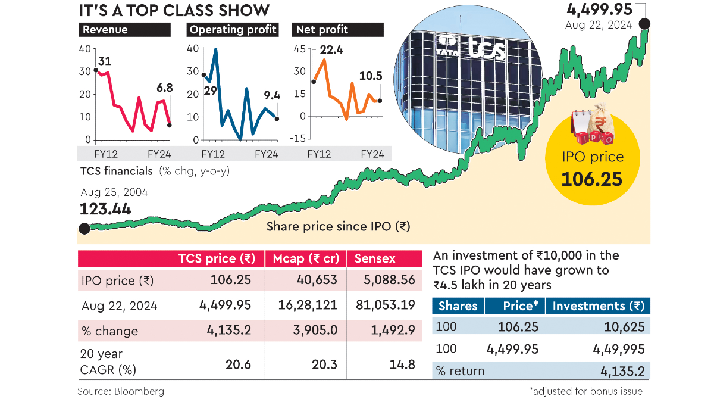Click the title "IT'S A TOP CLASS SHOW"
tap(174, 10)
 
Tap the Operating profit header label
tap(232, 30)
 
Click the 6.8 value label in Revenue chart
tap(164, 88)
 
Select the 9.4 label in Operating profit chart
tap(271, 94)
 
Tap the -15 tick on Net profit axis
tap(299, 139)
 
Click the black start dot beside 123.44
tap(84, 228)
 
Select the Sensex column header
tap(375, 259)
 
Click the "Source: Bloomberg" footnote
tap(121, 391)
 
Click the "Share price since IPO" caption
tap(338, 226)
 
